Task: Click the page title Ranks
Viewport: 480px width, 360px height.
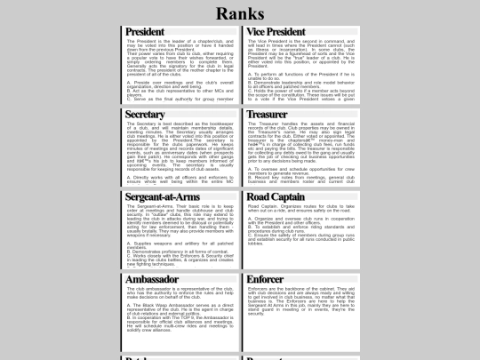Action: coord(240,14)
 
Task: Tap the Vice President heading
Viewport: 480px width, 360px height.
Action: coord(276,33)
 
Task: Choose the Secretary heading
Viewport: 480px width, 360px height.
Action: coord(145,116)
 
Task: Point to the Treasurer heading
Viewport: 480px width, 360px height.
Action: coord(267,116)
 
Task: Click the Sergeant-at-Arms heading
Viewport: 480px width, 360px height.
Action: coord(164,196)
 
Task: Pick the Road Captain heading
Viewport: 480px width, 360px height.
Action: coord(276,196)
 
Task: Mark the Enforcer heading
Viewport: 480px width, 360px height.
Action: coord(266,279)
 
